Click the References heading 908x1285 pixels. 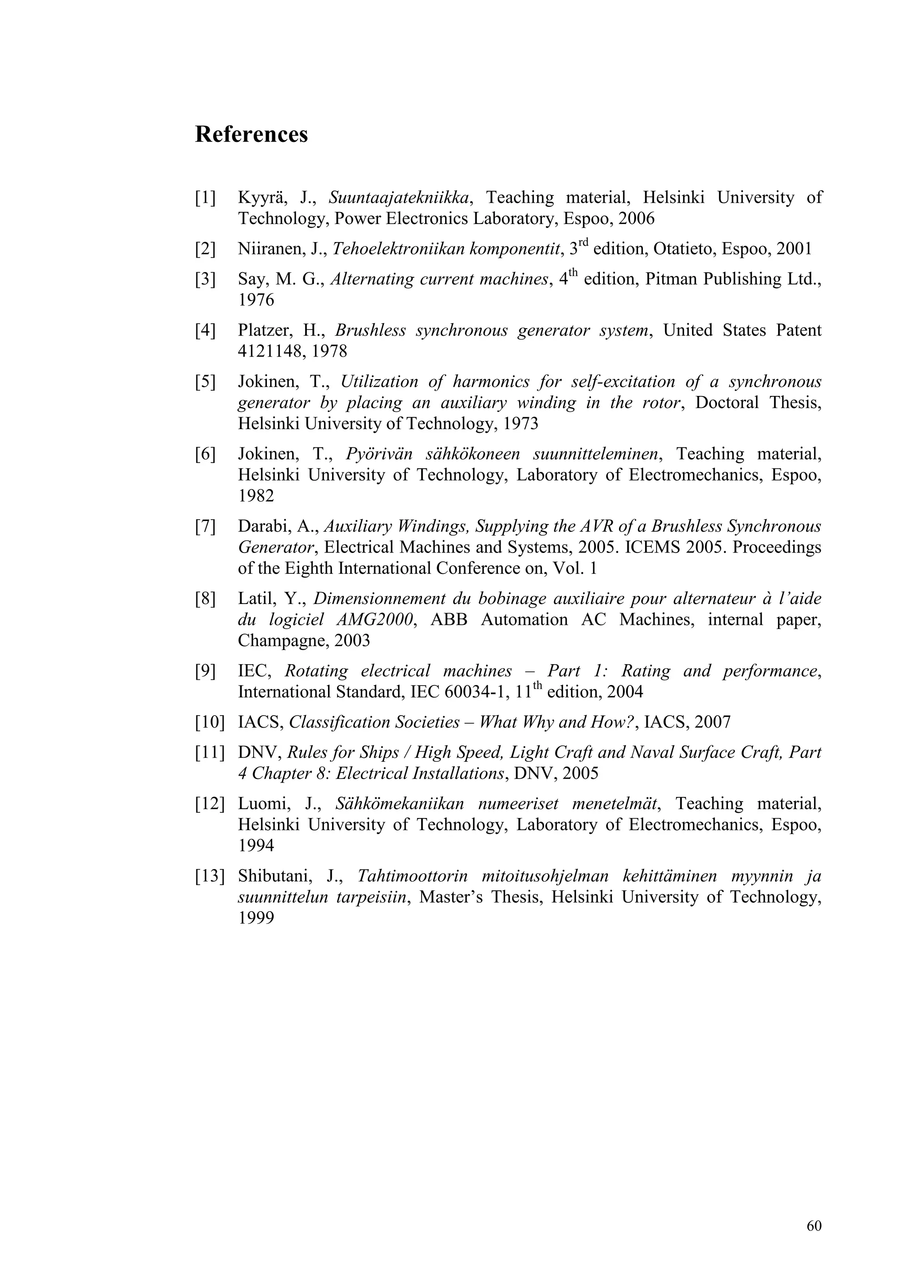[251, 135]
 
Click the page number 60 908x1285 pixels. [814, 1226]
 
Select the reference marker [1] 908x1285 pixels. [205, 198]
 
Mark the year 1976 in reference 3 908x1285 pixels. [256, 301]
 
